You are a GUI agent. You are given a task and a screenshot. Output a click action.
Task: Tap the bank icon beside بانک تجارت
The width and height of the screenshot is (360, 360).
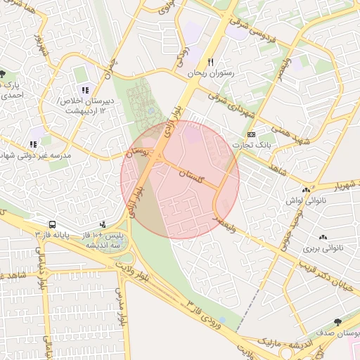[252, 134]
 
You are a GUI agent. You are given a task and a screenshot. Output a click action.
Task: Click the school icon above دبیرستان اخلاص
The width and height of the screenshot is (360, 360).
[85, 90]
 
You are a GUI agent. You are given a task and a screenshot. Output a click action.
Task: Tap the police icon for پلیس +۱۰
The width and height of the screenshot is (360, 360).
[103, 224]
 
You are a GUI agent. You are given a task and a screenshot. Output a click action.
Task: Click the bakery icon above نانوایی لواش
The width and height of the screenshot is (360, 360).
[305, 190]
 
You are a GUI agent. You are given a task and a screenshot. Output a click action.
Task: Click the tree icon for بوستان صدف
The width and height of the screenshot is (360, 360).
[338, 322]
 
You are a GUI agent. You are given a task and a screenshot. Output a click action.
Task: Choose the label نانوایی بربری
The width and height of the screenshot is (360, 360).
[321, 248]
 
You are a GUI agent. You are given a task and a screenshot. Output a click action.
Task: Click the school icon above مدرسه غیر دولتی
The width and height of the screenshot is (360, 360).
[33, 143]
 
